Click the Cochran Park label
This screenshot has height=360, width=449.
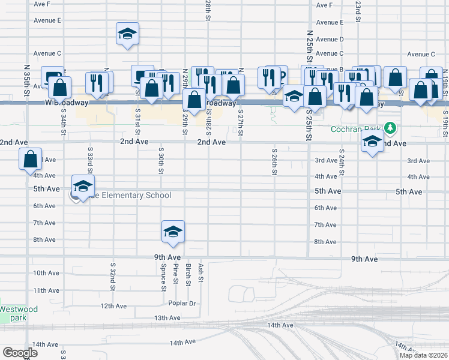tap(357, 129)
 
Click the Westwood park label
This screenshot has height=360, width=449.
tap(19, 313)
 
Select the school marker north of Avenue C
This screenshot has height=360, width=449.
tap(127, 34)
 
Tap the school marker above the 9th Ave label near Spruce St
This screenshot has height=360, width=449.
tap(173, 232)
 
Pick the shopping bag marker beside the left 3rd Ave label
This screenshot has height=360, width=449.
tap(30, 159)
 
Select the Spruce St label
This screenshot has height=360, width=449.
tap(163, 276)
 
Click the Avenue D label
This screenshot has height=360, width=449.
tap(329, 39)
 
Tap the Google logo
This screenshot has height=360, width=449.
tap(20, 353)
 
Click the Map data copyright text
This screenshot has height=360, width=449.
tap(423, 355)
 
